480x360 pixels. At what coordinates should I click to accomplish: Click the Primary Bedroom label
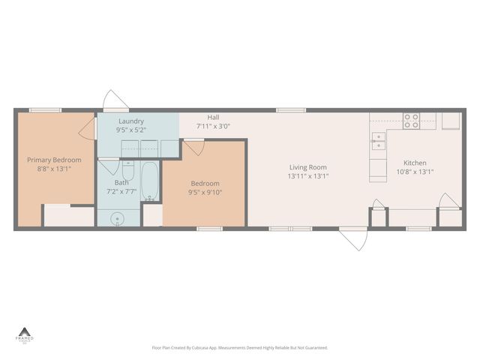point(54,160)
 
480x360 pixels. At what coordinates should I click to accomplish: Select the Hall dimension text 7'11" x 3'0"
point(213,127)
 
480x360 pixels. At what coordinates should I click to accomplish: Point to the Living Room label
point(307,167)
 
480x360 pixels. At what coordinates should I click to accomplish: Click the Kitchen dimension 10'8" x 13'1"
point(415,172)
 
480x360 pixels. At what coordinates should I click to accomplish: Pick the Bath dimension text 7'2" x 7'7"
point(121,191)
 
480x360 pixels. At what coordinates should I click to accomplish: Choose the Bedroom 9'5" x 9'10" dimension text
point(205,192)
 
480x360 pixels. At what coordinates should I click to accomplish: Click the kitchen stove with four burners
point(411,121)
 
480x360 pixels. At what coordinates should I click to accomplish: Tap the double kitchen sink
point(379,139)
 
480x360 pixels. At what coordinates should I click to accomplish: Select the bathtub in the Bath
point(150,181)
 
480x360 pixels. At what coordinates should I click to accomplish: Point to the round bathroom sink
point(116,219)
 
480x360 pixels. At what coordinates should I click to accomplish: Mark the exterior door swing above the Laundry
point(115,100)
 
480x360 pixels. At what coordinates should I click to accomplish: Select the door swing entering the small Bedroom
point(193,148)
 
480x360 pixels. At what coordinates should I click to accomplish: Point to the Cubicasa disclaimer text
point(239,348)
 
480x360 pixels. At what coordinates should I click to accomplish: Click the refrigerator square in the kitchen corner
point(450,121)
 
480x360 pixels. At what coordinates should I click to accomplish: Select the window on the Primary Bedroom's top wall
point(45,110)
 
